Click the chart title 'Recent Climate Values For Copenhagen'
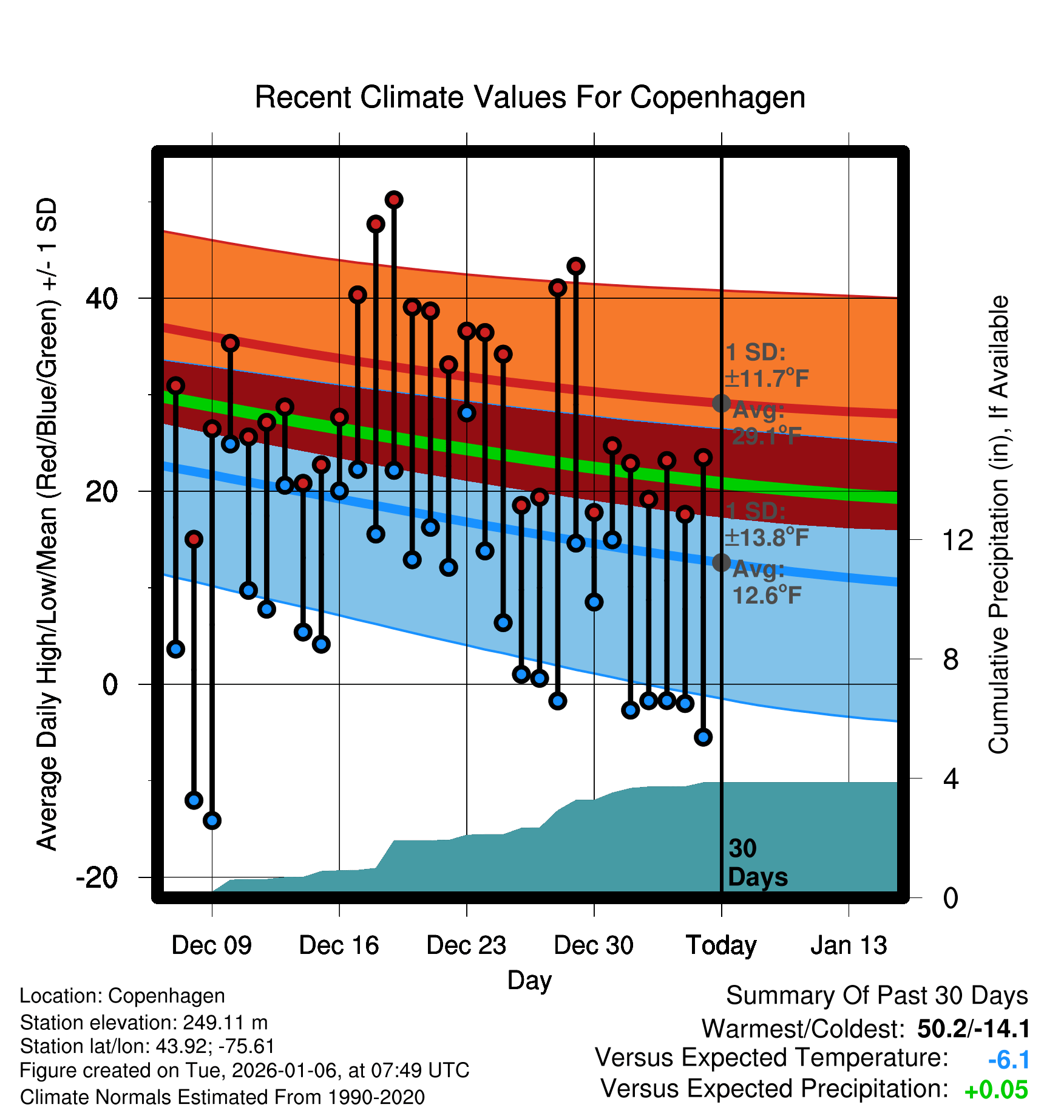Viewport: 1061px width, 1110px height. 530,98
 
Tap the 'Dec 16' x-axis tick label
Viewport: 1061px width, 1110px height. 339,945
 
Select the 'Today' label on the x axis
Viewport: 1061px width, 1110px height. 721,945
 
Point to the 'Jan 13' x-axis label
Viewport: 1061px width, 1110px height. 849,945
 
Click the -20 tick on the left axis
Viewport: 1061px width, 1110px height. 97,877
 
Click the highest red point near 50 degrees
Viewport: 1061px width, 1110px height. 394,200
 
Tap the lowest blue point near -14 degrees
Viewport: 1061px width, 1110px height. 212,820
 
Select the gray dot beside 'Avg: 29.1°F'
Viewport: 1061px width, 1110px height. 721,403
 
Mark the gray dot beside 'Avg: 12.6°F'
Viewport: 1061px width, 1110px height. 721,563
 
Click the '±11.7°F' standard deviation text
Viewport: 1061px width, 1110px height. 767,379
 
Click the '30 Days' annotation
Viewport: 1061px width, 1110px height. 757,863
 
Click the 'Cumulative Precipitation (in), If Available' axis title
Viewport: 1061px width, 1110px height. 998,525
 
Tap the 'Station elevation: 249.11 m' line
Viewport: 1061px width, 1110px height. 144,1023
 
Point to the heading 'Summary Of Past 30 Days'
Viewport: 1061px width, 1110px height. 876,996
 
